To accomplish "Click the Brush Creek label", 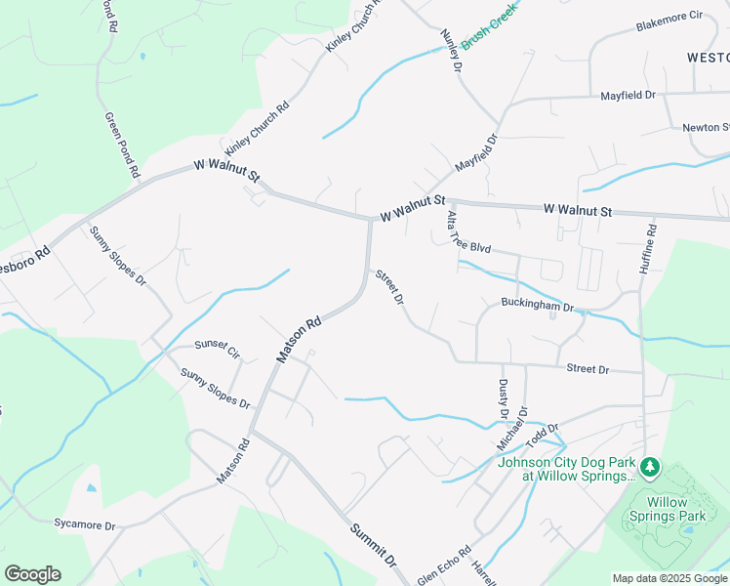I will pyautogui.click(x=487, y=26).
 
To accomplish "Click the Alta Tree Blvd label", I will pyautogui.click(x=466, y=233).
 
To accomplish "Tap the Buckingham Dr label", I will pyautogui.click(x=537, y=306).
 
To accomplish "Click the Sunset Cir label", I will pyautogui.click(x=217, y=348).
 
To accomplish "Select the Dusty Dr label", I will pyautogui.click(x=504, y=399).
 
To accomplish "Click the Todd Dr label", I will pyautogui.click(x=539, y=431).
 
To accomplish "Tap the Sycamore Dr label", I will pyautogui.click(x=85, y=524).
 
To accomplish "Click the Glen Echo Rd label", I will pyautogui.click(x=445, y=564).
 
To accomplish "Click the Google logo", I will pyautogui.click(x=32, y=574).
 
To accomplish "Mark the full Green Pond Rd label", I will pyautogui.click(x=122, y=146).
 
